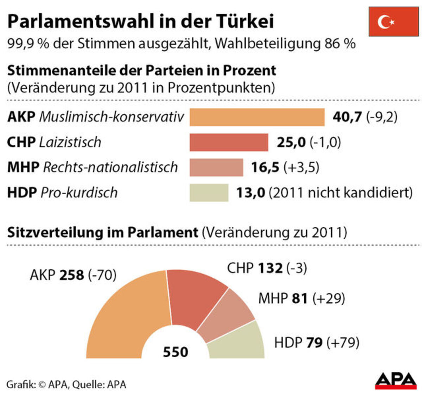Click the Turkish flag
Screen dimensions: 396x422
[393, 21]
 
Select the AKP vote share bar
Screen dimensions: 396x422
[257, 117]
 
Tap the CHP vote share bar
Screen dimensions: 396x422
[229, 142]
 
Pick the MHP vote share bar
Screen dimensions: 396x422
[216, 167]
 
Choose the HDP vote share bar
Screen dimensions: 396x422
[209, 193]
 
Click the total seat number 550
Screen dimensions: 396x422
[175, 352]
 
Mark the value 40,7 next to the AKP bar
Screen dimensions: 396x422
[347, 117]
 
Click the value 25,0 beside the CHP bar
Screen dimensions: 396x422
[291, 142]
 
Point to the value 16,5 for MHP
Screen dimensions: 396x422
[265, 167]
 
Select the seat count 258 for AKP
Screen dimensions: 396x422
[72, 275]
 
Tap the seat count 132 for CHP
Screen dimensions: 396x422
[270, 268]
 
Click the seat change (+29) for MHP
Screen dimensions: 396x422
[328, 298]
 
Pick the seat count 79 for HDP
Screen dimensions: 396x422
[314, 342]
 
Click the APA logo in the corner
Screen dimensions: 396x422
[395, 381]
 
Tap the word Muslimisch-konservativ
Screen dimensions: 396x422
[111, 117]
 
